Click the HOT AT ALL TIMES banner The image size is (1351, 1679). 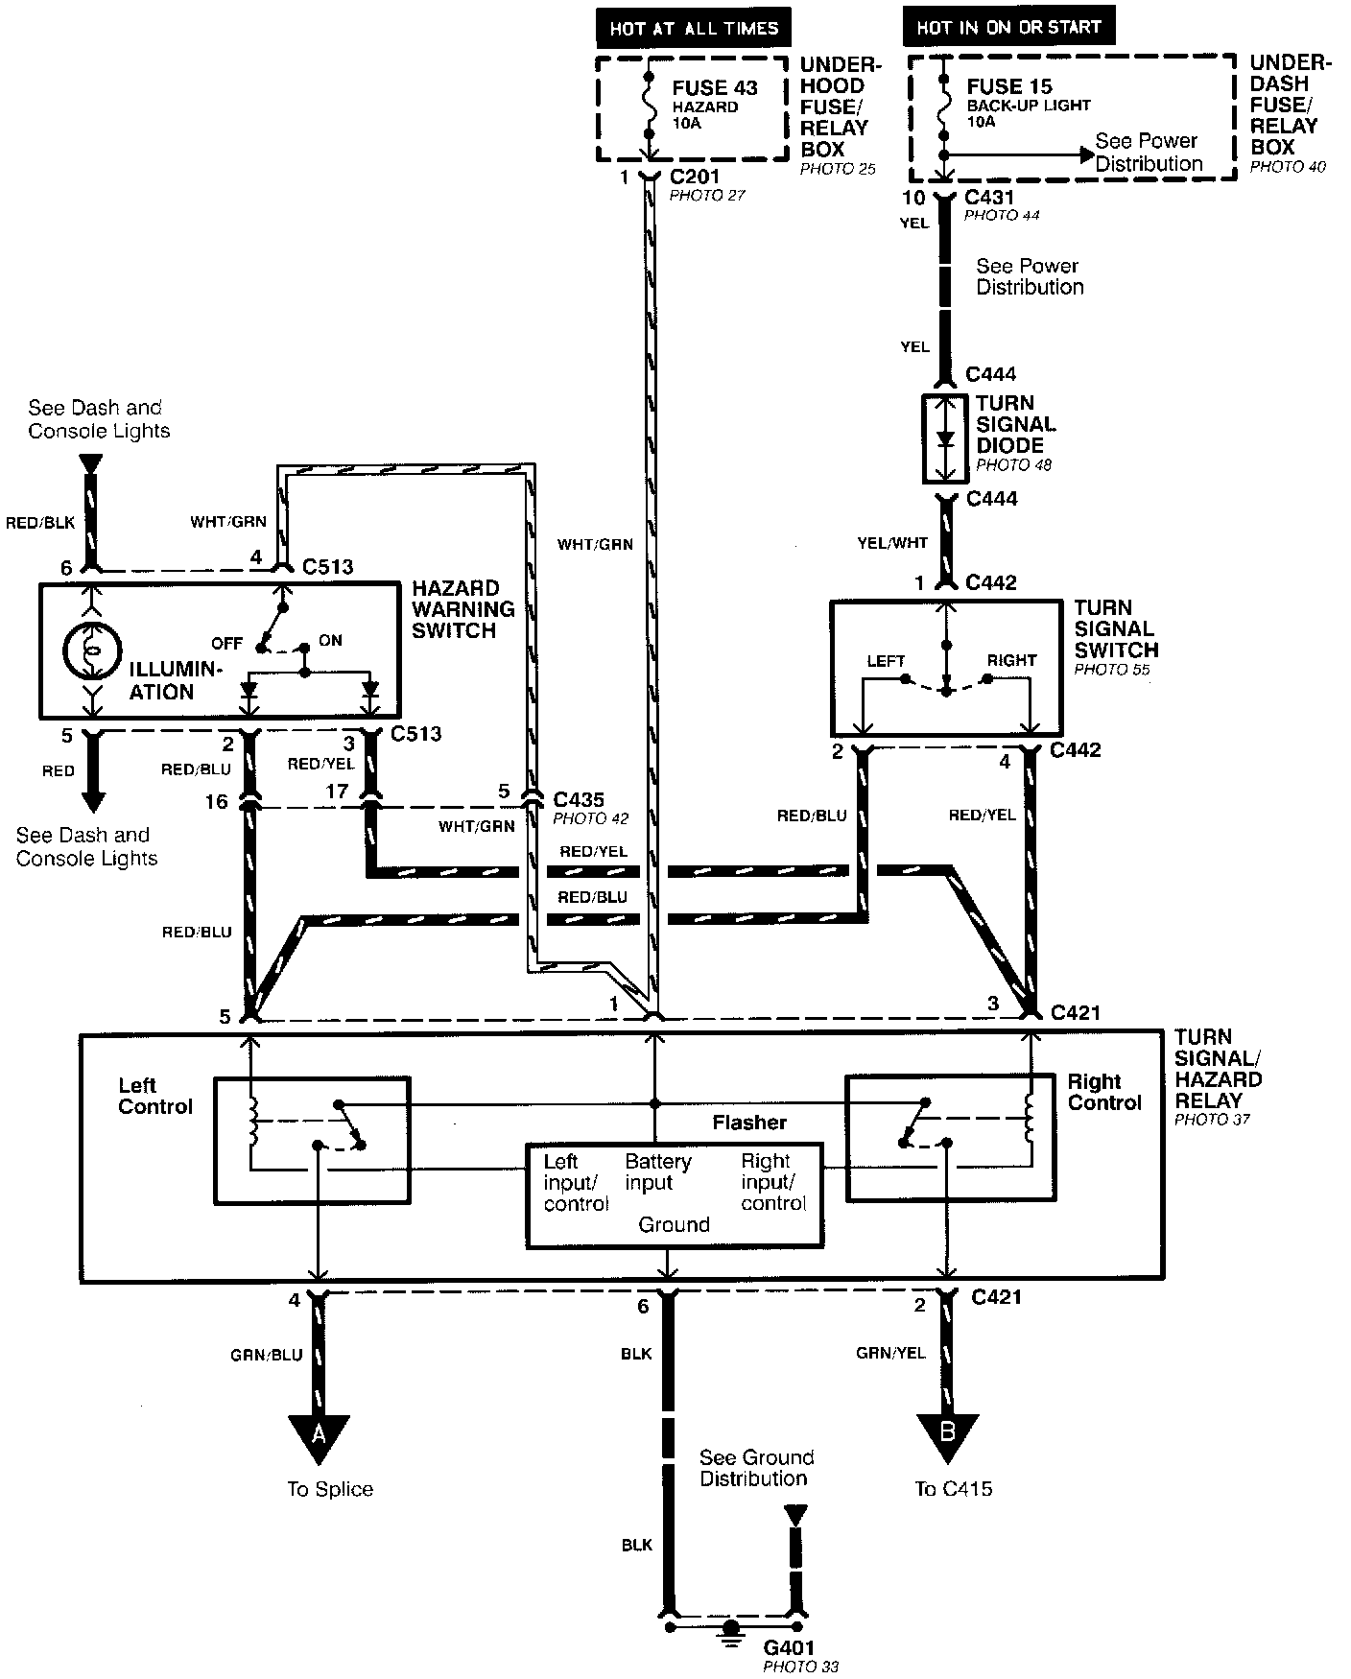694,28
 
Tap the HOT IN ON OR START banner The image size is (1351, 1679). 1008,27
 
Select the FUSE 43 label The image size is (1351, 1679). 715,87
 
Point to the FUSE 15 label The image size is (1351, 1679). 1009,85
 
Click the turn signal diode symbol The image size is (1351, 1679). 946,439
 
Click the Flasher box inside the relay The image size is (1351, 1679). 675,1194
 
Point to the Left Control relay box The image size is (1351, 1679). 311,1140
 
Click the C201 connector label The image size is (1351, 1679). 694,177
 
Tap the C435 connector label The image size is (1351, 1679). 579,799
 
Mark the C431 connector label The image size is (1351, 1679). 990,198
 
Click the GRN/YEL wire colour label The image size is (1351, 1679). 890,1353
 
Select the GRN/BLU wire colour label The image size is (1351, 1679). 266,1355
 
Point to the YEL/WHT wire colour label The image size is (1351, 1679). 892,543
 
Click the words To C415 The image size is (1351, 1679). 954,1489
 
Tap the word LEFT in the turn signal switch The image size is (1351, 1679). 886,661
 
